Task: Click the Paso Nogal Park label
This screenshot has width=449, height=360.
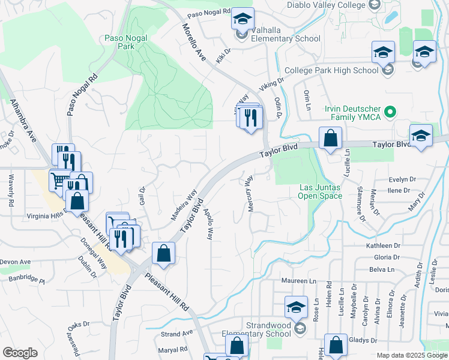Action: pyautogui.click(x=127, y=41)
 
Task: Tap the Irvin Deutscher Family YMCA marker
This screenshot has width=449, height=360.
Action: pyautogui.click(x=390, y=112)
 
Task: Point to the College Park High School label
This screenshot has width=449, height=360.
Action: pyautogui.click(x=331, y=70)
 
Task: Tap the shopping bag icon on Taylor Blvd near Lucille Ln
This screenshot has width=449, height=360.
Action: pyautogui.click(x=330, y=139)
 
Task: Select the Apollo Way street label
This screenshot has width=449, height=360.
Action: pyautogui.click(x=208, y=224)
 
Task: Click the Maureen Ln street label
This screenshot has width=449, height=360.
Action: pyautogui.click(x=299, y=281)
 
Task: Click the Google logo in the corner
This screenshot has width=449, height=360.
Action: pyautogui.click(x=19, y=353)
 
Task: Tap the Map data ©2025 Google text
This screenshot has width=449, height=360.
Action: pyautogui.click(x=411, y=355)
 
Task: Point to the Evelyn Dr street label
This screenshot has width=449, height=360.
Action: pyautogui.click(x=402, y=179)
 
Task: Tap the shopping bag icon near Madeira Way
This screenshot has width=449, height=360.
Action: pyautogui.click(x=163, y=254)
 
